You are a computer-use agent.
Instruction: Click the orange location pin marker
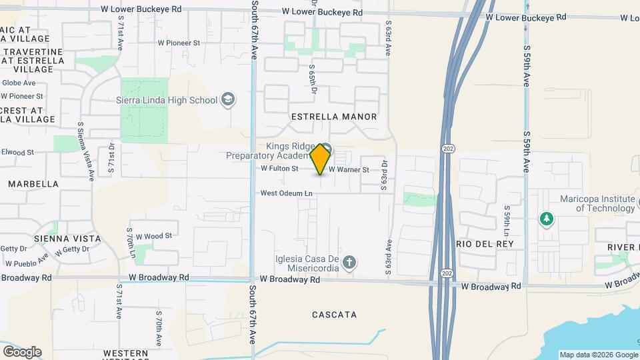coord(321,159)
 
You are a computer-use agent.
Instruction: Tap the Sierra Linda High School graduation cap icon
coord(229,100)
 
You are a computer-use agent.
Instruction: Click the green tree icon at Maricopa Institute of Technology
coord(547,219)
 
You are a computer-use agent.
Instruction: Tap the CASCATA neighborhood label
coord(334,314)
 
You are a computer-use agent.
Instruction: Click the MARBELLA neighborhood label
coord(33,183)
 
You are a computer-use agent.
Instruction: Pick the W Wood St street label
coord(154,236)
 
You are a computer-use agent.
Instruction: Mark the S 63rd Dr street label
coord(384,175)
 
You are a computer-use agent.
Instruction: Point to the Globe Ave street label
coord(19,83)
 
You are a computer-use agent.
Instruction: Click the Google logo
coord(22,351)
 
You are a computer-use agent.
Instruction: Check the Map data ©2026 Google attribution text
coord(598,355)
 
